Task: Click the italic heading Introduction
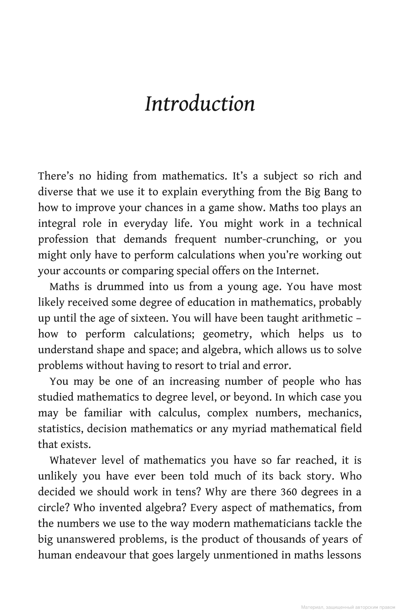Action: pyautogui.click(x=200, y=104)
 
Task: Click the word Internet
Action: pyautogui.click(x=297, y=271)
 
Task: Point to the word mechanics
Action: pyautogui.click(x=335, y=413)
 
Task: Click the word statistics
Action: pyautogui.click(x=61, y=429)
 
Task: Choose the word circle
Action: pyautogui.click(x=53, y=508)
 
